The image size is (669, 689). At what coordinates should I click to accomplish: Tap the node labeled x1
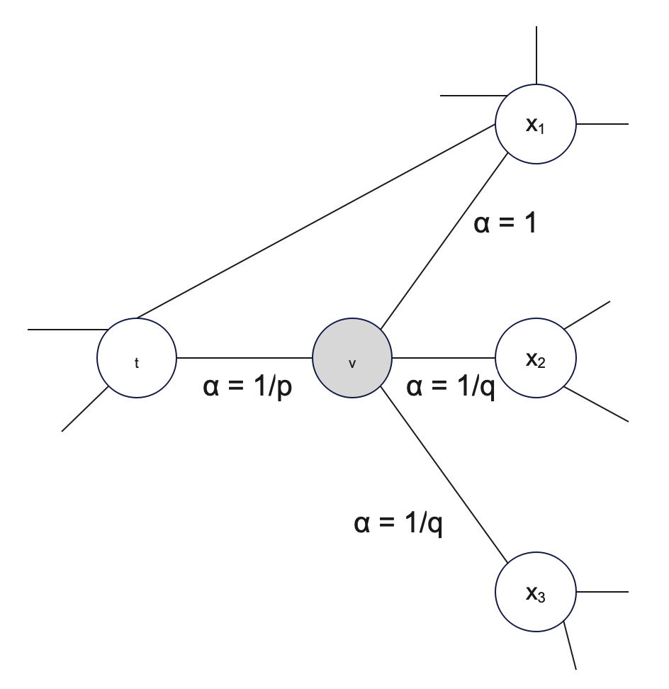(x=536, y=125)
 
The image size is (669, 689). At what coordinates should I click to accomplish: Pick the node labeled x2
(x=536, y=359)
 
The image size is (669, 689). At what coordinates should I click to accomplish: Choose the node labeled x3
(x=536, y=592)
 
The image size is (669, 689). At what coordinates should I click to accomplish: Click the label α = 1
(x=505, y=224)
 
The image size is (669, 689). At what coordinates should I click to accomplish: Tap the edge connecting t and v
(x=244, y=357)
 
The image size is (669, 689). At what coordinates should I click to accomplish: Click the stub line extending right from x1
(x=602, y=124)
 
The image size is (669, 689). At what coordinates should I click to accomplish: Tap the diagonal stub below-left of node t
(x=85, y=408)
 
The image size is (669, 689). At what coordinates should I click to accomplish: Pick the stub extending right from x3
(x=602, y=592)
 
